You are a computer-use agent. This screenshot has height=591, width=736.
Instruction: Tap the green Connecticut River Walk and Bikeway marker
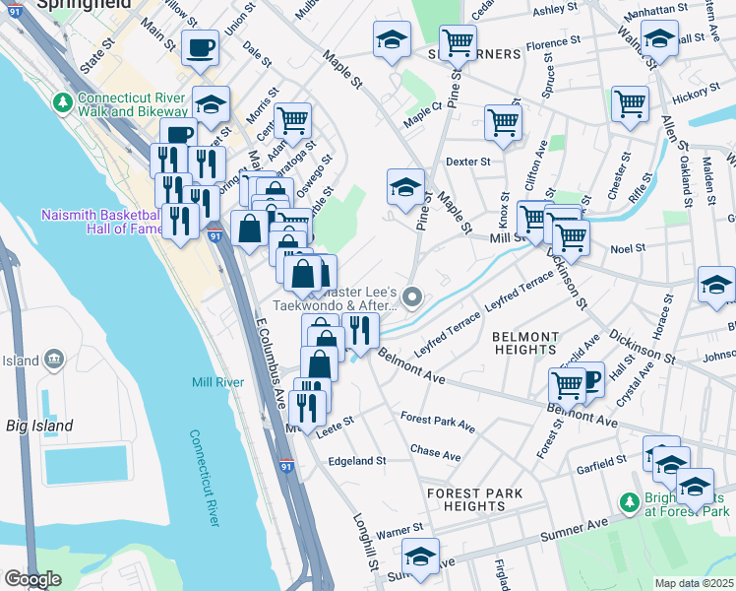click(x=63, y=101)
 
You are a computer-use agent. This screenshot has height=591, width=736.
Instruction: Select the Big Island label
click(x=39, y=427)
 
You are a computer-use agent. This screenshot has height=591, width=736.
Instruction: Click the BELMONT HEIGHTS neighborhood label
click(x=524, y=343)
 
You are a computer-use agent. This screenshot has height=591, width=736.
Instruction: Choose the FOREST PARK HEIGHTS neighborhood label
click(x=473, y=499)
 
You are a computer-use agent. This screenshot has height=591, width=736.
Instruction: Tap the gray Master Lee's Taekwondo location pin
click(x=413, y=295)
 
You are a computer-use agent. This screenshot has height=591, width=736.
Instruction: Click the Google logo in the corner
click(x=32, y=579)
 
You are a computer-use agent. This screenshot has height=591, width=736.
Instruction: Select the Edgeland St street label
click(x=357, y=461)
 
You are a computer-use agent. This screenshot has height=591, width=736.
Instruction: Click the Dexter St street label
click(x=467, y=161)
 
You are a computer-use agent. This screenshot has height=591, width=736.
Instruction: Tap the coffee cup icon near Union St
click(x=201, y=47)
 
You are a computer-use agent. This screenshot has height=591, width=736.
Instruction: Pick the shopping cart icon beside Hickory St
click(x=630, y=102)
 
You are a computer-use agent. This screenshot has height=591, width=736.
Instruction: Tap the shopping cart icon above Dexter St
click(x=503, y=122)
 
